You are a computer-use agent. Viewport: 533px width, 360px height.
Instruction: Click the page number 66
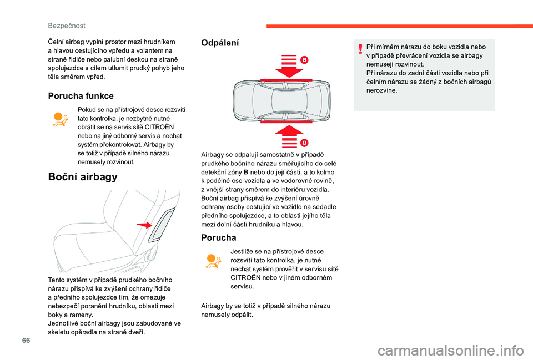[26, 340]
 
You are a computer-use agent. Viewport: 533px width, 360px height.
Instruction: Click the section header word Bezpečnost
[67, 26]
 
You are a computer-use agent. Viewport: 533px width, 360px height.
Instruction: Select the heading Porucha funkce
[81, 96]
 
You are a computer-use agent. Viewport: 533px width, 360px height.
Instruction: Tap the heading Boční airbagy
[83, 176]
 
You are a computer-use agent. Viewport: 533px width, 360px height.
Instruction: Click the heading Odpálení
[220, 43]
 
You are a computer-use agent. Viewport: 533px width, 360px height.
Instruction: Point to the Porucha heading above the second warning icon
[219, 237]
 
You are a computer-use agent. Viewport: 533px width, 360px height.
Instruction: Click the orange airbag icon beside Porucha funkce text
[61, 120]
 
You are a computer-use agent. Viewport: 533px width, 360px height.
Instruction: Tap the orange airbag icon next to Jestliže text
[213, 261]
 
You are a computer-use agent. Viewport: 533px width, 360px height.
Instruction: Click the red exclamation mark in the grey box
[360, 49]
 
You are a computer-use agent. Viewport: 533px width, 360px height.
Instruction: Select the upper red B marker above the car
[304, 60]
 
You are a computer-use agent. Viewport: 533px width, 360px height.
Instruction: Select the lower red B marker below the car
[304, 143]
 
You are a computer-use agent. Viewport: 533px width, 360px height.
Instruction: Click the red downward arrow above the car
[289, 66]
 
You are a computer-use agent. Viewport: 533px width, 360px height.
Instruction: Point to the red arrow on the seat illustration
[144, 225]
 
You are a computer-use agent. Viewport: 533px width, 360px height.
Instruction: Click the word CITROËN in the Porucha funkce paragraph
[159, 127]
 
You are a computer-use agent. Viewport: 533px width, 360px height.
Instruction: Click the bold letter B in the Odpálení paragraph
[246, 172]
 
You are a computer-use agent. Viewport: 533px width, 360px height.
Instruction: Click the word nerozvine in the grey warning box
[381, 90]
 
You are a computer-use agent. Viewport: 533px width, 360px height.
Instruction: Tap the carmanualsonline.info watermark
[451, 350]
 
